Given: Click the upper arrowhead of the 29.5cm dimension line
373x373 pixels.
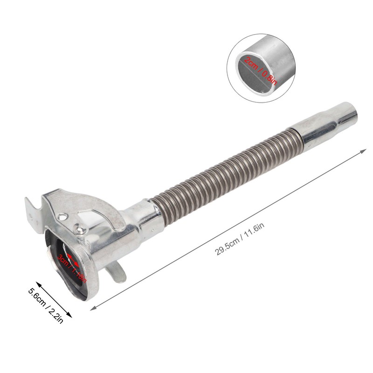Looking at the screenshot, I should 365,150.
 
